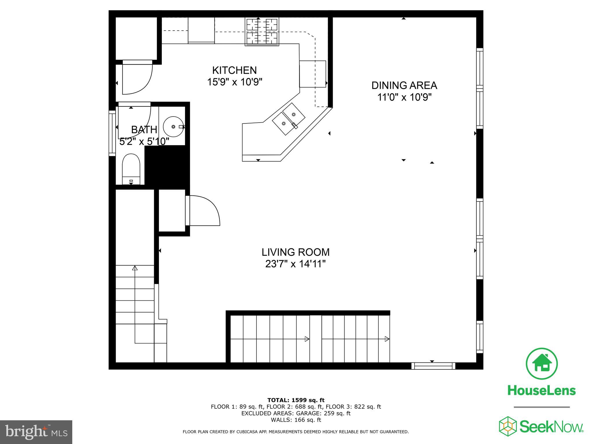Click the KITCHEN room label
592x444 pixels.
pos(234,70)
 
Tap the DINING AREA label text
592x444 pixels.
pos(404,86)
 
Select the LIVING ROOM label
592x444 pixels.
pos(295,252)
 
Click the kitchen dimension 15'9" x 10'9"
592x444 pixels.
pos(234,82)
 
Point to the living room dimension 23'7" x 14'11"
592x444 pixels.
pos(295,264)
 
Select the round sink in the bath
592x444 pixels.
pos(173,127)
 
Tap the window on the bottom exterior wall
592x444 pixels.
pos(433,366)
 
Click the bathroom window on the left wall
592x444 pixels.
pos(112,133)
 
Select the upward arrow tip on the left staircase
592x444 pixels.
pos(135,268)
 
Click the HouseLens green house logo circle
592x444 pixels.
pos(541,364)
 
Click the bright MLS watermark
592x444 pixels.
pos(36,432)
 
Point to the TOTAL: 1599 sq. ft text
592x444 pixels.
pos(296,400)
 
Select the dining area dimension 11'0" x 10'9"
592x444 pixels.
pos(404,97)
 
